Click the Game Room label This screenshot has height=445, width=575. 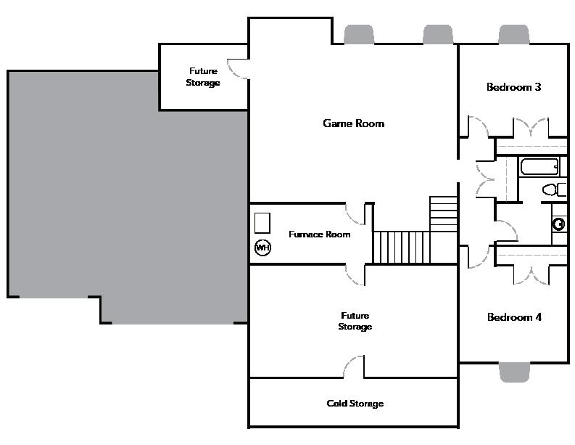tap(353, 123)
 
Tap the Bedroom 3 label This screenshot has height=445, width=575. tap(513, 87)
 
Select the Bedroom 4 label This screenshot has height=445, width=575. tap(514, 317)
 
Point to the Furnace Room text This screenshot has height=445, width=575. tap(319, 234)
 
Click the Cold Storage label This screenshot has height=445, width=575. tap(355, 404)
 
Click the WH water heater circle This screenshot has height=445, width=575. tap(262, 248)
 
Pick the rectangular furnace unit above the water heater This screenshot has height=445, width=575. tap(262, 222)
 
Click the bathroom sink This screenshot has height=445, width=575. tap(559, 224)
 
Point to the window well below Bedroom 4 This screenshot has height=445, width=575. tap(514, 371)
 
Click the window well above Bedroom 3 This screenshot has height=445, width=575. tap(514, 34)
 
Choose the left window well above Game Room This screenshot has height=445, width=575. tap(358, 34)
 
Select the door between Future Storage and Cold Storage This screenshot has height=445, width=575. tap(353, 367)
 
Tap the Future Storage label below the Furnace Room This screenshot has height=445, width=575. tap(355, 321)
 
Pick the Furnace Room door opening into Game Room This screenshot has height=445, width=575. tap(355, 214)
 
